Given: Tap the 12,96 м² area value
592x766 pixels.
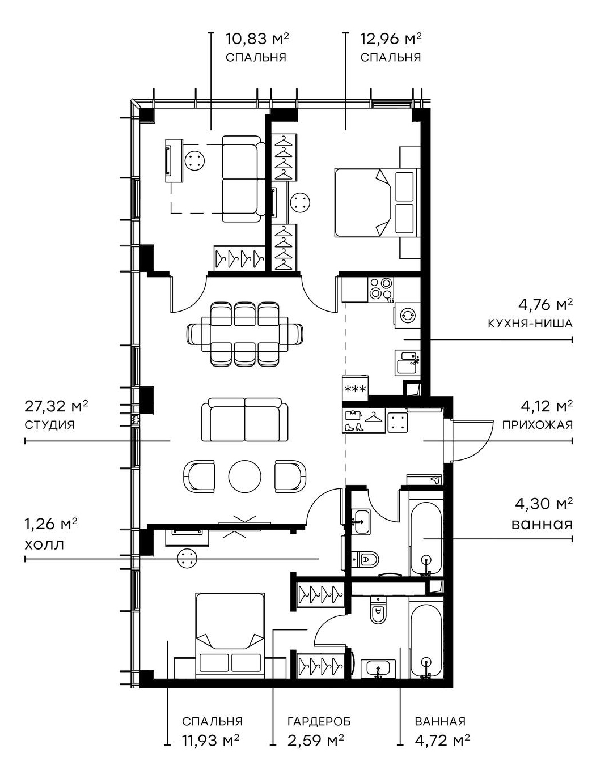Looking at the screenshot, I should [391, 39].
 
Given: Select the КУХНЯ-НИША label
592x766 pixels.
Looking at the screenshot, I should [530, 324].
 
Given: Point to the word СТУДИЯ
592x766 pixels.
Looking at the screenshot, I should [50, 424].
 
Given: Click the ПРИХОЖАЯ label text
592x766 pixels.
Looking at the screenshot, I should [537, 424].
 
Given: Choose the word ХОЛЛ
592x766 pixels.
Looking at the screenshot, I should [44, 544].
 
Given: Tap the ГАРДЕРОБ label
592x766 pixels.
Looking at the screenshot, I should [319, 721].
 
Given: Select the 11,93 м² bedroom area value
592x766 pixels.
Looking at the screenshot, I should [210, 740].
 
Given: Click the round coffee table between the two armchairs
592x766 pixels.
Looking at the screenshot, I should [245, 475].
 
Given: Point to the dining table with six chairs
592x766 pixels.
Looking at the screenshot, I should [245, 334].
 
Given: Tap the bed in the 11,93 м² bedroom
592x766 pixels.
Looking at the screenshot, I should [230, 635].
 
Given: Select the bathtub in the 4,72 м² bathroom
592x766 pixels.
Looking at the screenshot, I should [425, 640].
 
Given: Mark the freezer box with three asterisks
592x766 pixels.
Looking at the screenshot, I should [356, 389].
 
